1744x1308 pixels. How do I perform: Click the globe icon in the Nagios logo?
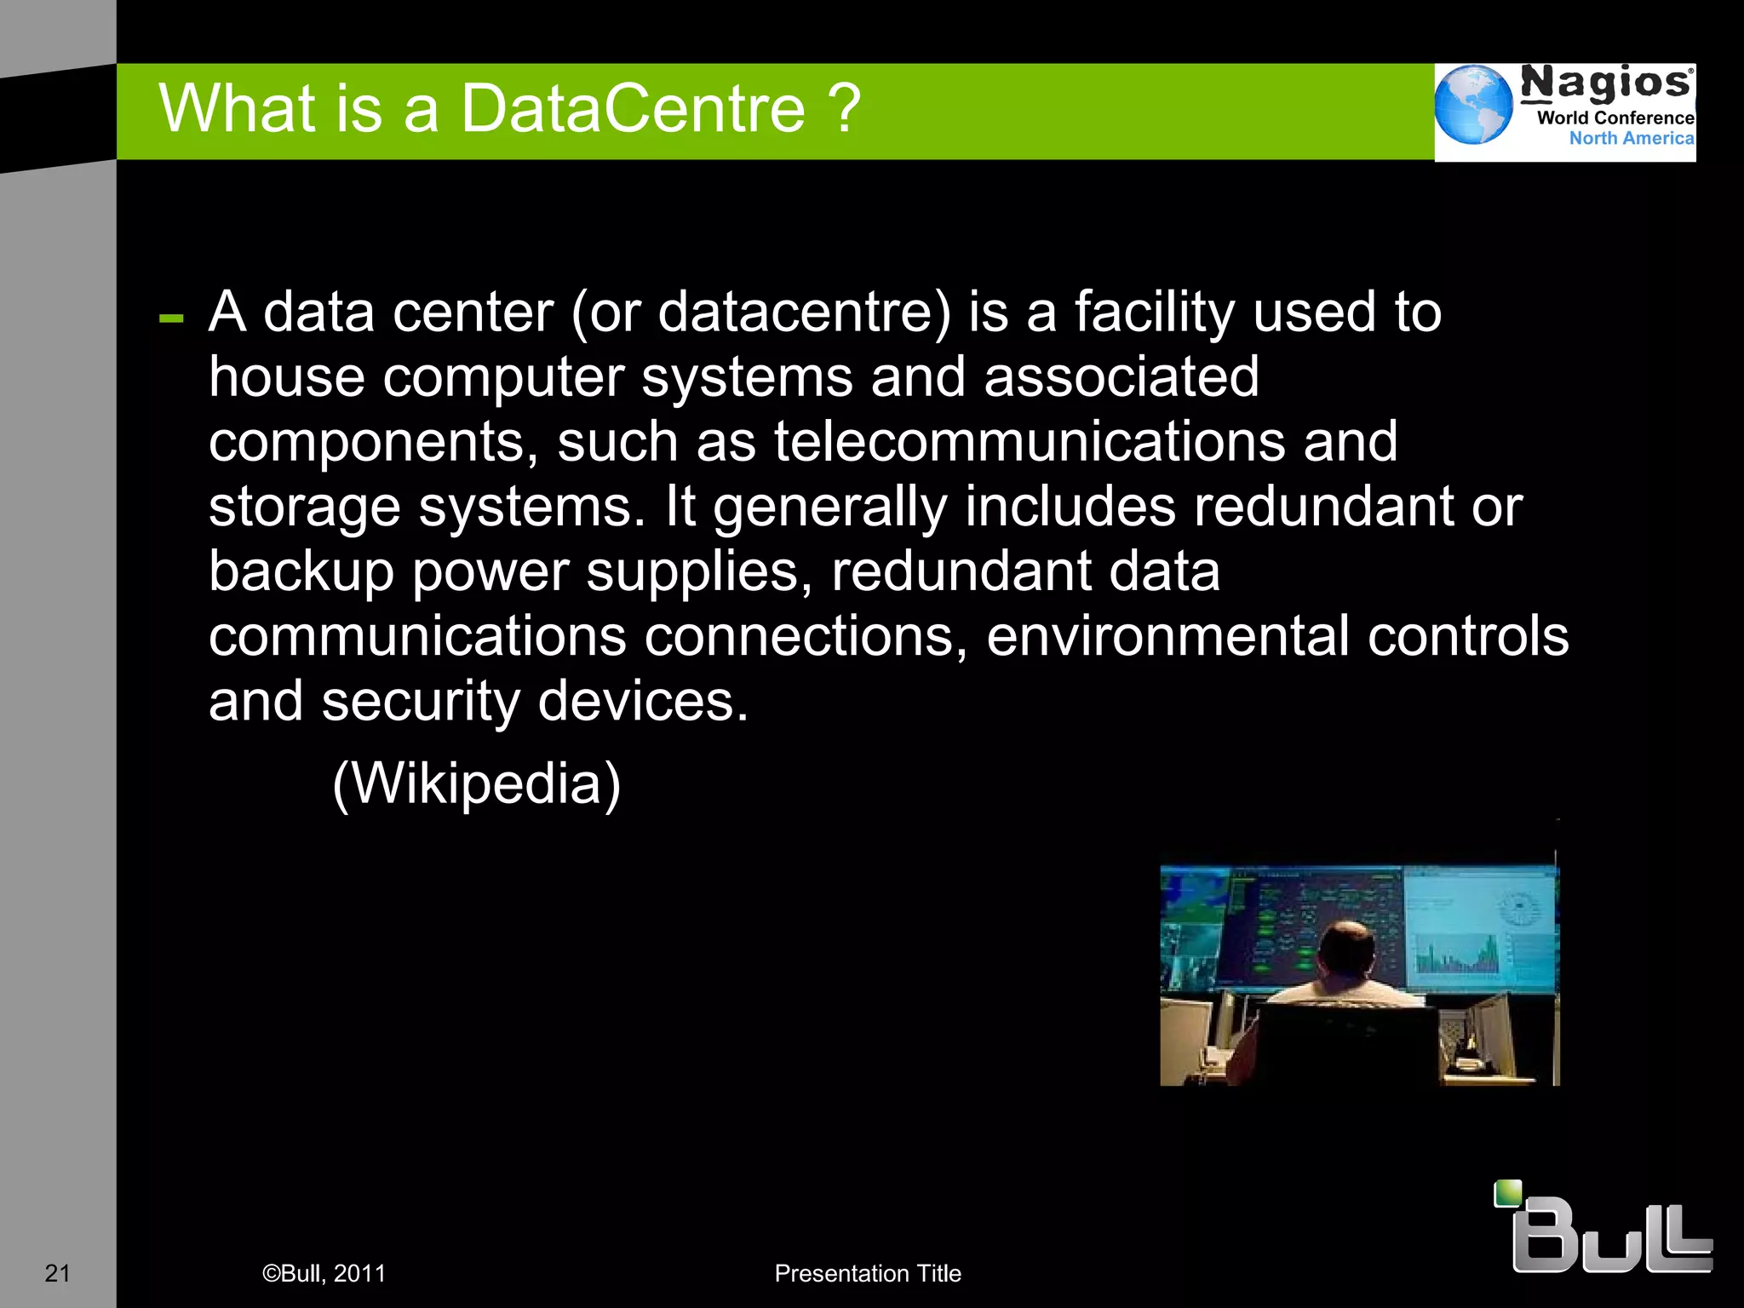(1473, 105)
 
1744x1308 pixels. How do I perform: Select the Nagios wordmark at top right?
(1606, 83)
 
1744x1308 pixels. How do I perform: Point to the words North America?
(1631, 138)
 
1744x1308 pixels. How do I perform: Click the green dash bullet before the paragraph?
(171, 319)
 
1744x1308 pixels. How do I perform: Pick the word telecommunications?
(1029, 441)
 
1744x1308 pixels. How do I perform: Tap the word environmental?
(1167, 635)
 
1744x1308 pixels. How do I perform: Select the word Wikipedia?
(477, 783)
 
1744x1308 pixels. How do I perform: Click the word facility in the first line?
(1154, 312)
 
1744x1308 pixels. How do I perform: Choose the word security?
(420, 701)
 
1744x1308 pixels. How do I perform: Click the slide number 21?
(57, 1273)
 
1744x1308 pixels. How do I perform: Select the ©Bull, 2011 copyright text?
(324, 1273)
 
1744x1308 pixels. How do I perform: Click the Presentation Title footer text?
(867, 1273)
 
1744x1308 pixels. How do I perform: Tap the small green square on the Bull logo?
(1507, 1193)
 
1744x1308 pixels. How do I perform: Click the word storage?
(304, 507)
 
